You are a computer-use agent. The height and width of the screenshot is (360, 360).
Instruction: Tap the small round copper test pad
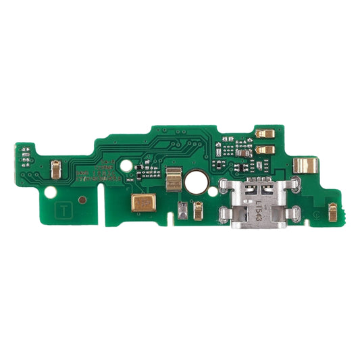click(82, 199)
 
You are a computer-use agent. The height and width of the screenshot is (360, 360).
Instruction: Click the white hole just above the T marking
click(49, 190)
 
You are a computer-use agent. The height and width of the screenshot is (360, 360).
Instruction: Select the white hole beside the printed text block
click(125, 165)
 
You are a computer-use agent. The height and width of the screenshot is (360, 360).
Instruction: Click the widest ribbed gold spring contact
click(305, 164)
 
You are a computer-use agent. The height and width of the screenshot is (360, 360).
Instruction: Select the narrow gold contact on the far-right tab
click(332, 212)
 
